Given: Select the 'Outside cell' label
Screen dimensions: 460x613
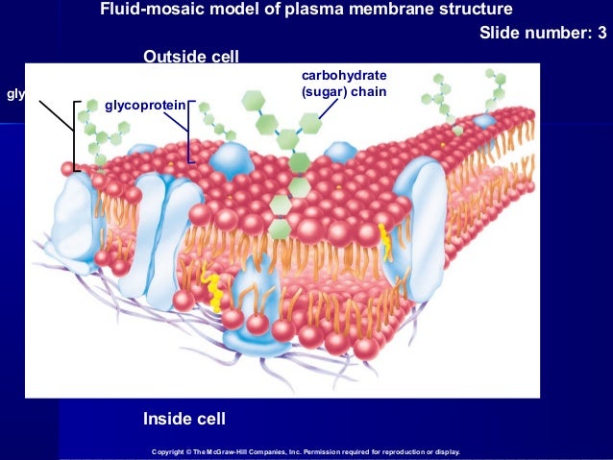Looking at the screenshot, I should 190,58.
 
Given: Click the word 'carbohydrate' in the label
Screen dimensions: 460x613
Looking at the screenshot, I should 343,75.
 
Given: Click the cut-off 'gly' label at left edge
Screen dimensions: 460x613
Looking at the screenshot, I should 14,94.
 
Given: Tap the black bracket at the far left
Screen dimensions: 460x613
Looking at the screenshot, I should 73,134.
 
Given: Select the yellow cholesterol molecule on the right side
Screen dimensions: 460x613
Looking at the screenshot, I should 385,241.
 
